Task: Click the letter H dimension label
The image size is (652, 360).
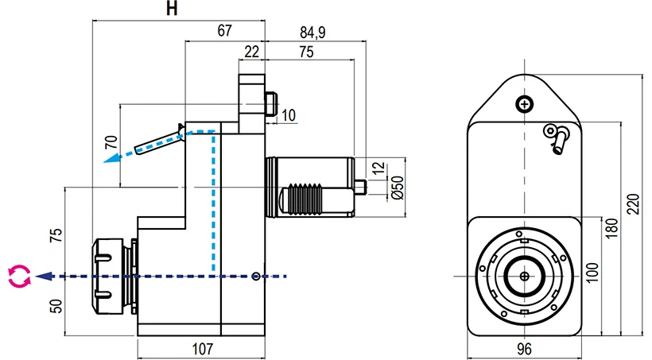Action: [x=171, y=10]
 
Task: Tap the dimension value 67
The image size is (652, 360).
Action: [x=223, y=31]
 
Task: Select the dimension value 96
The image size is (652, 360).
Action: [x=523, y=347]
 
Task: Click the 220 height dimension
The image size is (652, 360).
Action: [x=632, y=205]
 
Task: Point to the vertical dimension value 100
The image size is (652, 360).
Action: [x=589, y=275]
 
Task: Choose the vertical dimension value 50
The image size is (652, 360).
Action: [x=55, y=305]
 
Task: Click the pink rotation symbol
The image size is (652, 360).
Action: [x=19, y=277]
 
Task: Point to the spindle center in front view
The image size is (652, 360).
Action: [x=523, y=276]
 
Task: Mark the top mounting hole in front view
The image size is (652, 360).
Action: [x=523, y=104]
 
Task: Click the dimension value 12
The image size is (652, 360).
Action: [x=378, y=168]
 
